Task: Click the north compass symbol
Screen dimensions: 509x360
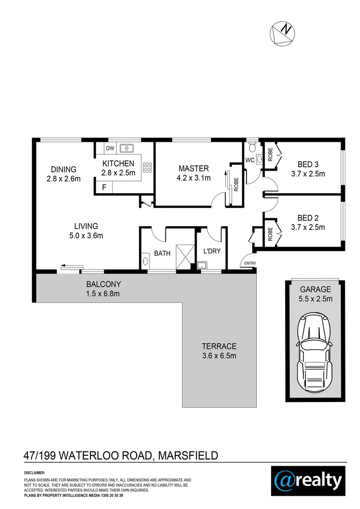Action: (281, 34)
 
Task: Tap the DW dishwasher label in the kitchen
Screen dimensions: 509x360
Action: (110, 148)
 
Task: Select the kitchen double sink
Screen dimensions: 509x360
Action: (127, 148)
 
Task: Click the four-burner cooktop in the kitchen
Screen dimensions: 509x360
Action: (147, 167)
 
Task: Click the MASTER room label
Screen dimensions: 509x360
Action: (193, 169)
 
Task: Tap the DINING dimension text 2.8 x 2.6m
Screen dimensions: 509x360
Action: (64, 179)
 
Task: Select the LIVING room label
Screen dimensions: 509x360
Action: (85, 226)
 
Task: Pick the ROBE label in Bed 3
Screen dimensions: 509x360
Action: (270, 155)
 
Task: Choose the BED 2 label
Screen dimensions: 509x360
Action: (308, 218)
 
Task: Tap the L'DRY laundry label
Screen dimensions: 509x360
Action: (212, 251)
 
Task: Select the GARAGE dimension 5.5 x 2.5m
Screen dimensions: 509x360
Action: (315, 299)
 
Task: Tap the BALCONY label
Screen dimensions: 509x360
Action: (103, 284)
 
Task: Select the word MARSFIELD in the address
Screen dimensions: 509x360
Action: (188, 455)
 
